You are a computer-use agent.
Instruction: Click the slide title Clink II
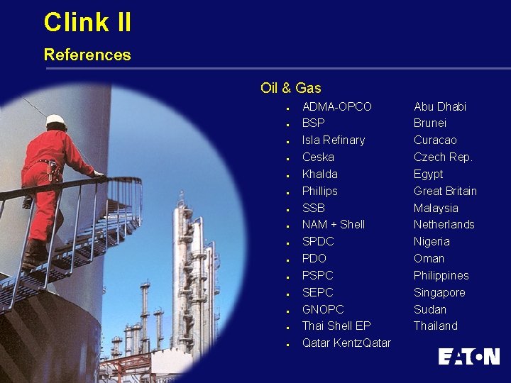pyautogui.click(x=87, y=22)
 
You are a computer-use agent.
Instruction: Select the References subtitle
pyautogui.click(x=87, y=55)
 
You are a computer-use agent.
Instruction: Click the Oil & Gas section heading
pyautogui.click(x=290, y=88)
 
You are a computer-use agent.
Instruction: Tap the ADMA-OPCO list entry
pyautogui.click(x=336, y=106)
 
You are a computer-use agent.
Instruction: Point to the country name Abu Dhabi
pyautogui.click(x=440, y=106)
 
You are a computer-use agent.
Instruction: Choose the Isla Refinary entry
pyautogui.click(x=333, y=140)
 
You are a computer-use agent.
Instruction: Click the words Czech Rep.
pyautogui.click(x=443, y=157)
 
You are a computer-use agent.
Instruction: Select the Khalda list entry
pyautogui.click(x=319, y=174)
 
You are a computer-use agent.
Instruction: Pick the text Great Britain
pyautogui.click(x=445, y=191)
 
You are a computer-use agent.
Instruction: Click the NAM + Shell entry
pyautogui.click(x=333, y=225)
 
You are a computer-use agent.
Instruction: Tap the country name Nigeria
pyautogui.click(x=432, y=242)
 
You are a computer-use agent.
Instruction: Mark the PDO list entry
pyautogui.click(x=314, y=259)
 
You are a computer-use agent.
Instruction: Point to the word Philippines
pyautogui.click(x=441, y=275)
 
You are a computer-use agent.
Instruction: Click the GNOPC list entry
pyautogui.click(x=323, y=309)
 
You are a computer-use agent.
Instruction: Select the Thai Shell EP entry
pyautogui.click(x=336, y=326)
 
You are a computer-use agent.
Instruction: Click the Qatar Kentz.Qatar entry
pyautogui.click(x=346, y=343)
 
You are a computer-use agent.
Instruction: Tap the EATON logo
pyautogui.click(x=468, y=356)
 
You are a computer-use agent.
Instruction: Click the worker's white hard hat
pyautogui.click(x=55, y=120)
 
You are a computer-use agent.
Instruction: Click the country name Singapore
pyautogui.click(x=439, y=292)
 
